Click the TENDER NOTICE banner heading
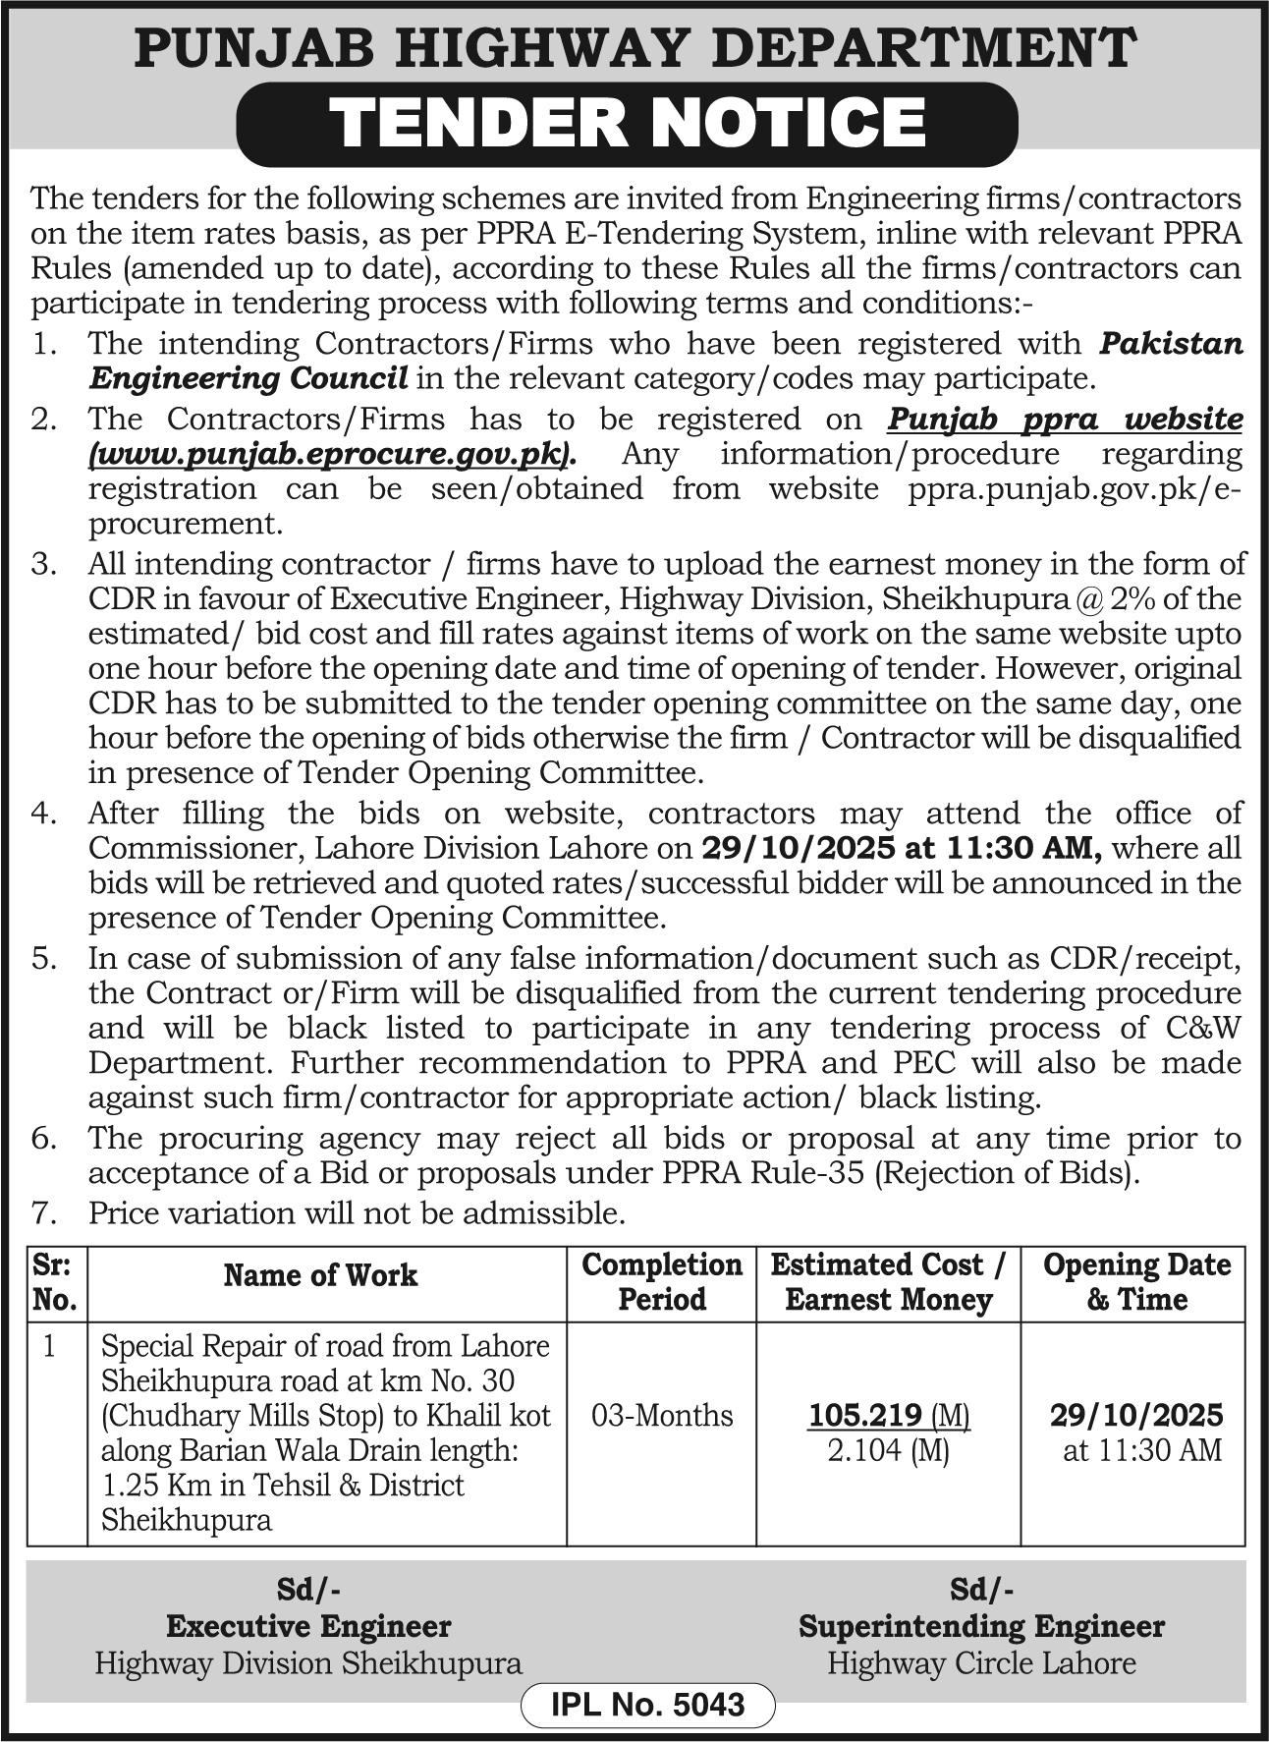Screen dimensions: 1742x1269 627,123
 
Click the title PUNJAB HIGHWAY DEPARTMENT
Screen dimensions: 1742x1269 634,47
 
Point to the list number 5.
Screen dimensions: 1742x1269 44,958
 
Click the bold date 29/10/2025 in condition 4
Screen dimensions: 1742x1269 797,847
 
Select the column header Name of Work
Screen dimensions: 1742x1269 320,1275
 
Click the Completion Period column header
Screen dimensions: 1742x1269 661,1281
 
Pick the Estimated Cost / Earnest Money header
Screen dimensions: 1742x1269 888,1281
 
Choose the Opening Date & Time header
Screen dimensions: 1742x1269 1136,1281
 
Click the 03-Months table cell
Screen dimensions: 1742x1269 662,1415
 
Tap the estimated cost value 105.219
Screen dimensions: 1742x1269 864,1415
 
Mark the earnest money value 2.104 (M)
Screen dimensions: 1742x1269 888,1450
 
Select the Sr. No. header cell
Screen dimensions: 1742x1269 55,1281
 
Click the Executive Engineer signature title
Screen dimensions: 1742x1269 308,1626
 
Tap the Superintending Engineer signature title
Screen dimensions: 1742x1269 981,1626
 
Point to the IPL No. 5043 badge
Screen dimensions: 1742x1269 648,1704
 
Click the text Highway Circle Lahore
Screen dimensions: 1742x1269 981,1662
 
